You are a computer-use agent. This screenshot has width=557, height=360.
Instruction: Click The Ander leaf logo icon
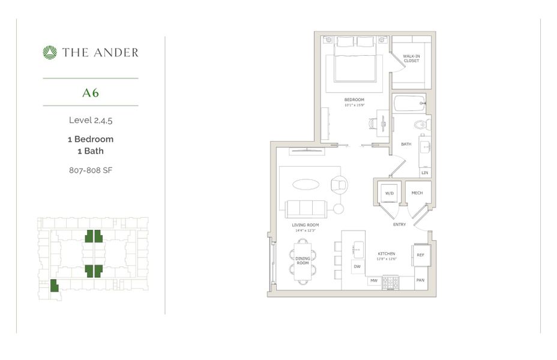50,53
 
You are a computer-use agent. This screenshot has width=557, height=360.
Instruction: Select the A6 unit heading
91,93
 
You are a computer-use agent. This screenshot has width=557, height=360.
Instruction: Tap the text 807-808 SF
91,170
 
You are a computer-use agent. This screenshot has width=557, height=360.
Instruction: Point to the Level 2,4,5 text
91,120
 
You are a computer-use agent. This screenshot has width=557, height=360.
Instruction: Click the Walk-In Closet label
411,58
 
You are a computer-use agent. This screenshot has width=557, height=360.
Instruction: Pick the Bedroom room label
352,99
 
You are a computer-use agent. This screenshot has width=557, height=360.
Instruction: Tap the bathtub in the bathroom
409,104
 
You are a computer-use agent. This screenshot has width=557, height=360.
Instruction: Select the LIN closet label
425,173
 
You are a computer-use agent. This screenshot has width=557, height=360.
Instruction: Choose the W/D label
389,193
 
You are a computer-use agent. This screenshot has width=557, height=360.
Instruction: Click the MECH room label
417,193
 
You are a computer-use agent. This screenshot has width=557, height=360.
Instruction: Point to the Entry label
399,224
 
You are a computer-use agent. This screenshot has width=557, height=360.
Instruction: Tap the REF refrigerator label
421,255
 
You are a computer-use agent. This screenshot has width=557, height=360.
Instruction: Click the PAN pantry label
421,280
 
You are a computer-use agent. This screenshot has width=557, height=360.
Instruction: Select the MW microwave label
373,280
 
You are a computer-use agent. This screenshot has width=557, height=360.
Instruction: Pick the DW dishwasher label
357,266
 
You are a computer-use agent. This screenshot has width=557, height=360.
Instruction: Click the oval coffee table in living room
306,185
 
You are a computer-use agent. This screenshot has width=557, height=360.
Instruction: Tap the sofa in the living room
306,209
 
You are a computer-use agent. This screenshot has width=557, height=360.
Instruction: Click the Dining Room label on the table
303,261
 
